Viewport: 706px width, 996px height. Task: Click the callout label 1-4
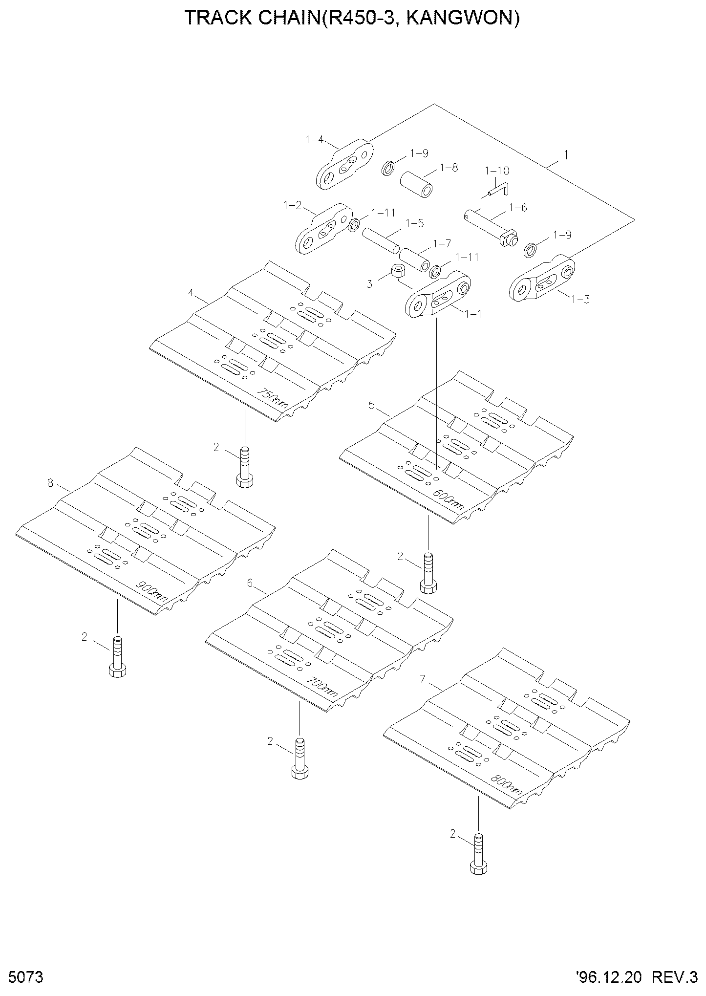(x=314, y=140)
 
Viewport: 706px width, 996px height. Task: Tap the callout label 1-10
(x=497, y=171)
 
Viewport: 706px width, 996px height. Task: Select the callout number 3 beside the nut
(x=369, y=284)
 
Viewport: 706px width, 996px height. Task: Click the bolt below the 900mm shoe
(x=117, y=656)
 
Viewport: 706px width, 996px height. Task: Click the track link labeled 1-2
(x=324, y=229)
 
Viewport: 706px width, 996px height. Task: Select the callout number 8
(x=50, y=483)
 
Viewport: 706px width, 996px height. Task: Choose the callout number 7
(x=423, y=679)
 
